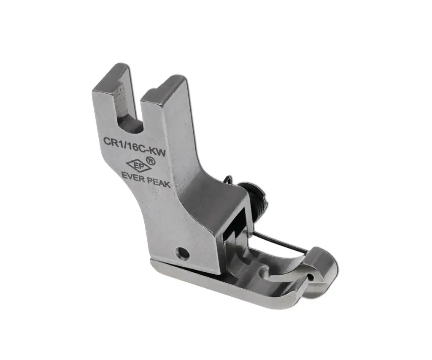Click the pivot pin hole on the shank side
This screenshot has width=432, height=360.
tap(182, 254)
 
